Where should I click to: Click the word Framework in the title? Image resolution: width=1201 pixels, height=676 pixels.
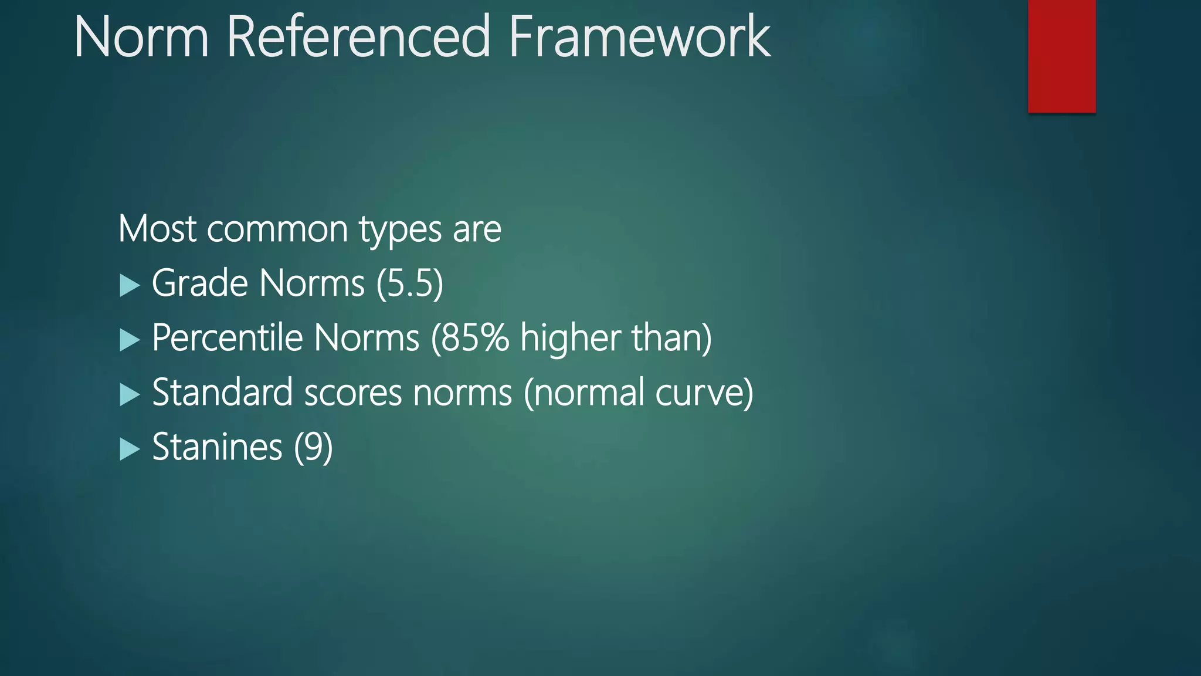point(639,38)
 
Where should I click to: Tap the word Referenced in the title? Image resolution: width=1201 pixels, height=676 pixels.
point(358,38)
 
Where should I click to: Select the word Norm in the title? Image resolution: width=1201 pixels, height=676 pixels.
point(141,38)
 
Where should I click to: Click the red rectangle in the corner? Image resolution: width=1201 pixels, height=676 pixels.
point(1061,56)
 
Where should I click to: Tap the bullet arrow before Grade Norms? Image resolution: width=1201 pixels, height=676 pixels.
point(130,286)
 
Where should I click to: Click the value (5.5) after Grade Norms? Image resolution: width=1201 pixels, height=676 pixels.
point(409,283)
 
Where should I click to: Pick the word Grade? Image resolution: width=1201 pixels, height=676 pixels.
point(199,283)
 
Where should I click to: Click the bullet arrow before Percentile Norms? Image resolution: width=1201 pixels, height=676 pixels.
point(130,340)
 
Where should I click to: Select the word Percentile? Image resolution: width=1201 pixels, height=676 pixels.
point(227,338)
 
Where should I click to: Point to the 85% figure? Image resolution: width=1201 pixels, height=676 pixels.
point(474,338)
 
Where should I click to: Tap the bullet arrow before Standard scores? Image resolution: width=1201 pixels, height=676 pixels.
point(130,395)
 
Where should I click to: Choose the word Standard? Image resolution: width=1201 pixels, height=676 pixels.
point(222,393)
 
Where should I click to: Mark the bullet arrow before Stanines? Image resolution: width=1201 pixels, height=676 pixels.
point(130,449)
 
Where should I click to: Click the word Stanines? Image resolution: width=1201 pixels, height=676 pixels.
point(217,447)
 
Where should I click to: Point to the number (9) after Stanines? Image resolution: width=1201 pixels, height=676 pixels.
point(313,447)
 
